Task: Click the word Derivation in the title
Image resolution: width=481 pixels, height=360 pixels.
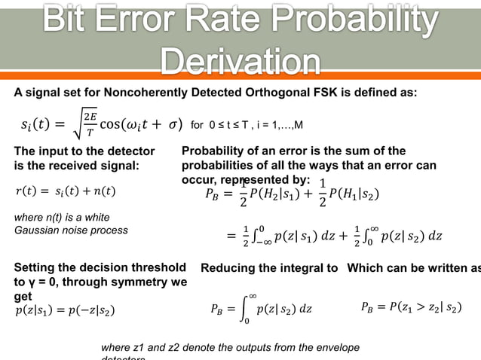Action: (x=240, y=60)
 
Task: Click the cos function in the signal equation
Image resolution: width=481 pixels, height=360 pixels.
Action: (x=111, y=124)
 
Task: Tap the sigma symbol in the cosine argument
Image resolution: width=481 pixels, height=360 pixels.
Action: (x=173, y=124)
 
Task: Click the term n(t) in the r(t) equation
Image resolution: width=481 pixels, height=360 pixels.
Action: (x=104, y=191)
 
